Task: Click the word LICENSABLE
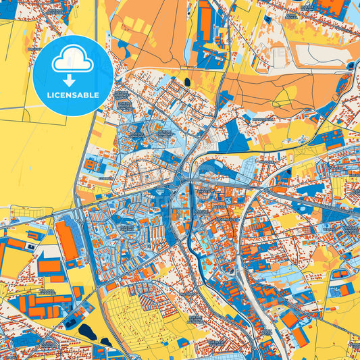click(72, 95)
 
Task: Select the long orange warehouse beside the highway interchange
click(66, 240)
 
